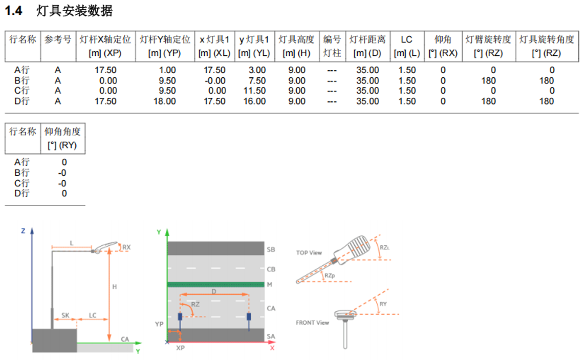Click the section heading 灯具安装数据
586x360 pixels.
74,10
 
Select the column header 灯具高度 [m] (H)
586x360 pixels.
297,46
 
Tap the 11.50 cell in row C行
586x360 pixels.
254,91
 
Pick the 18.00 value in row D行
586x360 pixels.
164,101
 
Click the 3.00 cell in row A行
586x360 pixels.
257,70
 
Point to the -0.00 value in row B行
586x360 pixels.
215,81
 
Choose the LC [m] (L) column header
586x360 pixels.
406,46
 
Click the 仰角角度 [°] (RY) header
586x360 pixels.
62,138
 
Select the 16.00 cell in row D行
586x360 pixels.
254,101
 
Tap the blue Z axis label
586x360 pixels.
23,231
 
